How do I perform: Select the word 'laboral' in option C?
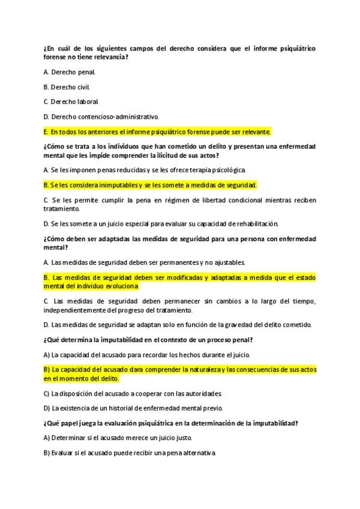click(87, 101)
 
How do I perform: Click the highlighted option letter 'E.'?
click(46, 131)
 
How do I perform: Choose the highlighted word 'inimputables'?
click(116, 185)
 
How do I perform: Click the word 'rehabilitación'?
click(254, 223)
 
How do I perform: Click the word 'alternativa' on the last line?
click(198, 453)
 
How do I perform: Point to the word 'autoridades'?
click(203, 393)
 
